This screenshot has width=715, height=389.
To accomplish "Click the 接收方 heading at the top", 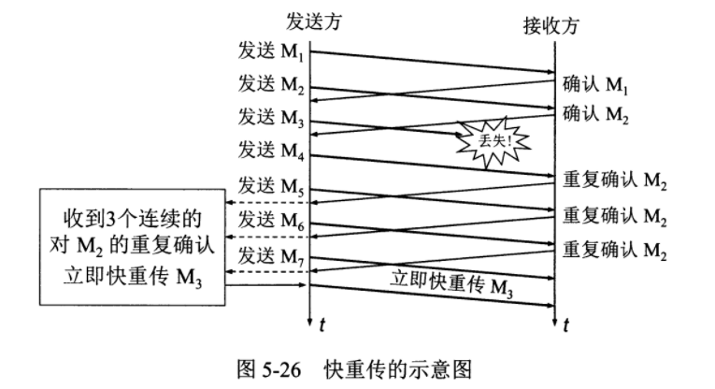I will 551,25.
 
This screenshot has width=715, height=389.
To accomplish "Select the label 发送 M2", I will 271,85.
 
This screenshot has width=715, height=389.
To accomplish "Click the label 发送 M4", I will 271,149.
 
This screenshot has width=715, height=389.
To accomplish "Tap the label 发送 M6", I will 271,221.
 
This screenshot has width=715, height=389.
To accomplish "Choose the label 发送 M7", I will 271,255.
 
